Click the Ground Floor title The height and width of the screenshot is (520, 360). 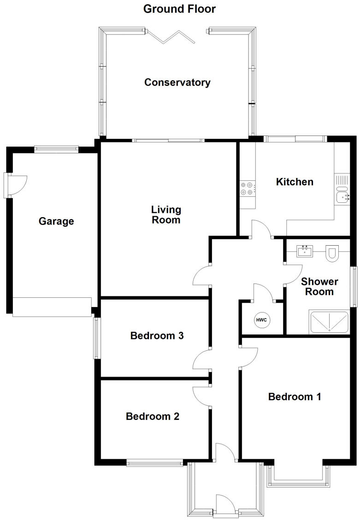(179, 9)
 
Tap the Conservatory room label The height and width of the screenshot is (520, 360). (177, 83)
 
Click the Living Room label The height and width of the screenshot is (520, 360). (166, 215)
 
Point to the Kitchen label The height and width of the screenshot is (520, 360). (295, 182)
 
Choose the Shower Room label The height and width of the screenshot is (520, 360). (319, 286)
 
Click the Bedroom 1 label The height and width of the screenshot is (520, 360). (295, 396)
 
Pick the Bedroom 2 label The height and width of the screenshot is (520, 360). (153, 416)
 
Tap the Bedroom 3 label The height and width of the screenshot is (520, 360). (157, 336)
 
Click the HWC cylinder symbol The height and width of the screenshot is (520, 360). (261, 319)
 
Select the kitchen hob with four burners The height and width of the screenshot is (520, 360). (247, 188)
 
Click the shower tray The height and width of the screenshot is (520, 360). (329, 322)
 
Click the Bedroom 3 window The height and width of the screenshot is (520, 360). (96, 337)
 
